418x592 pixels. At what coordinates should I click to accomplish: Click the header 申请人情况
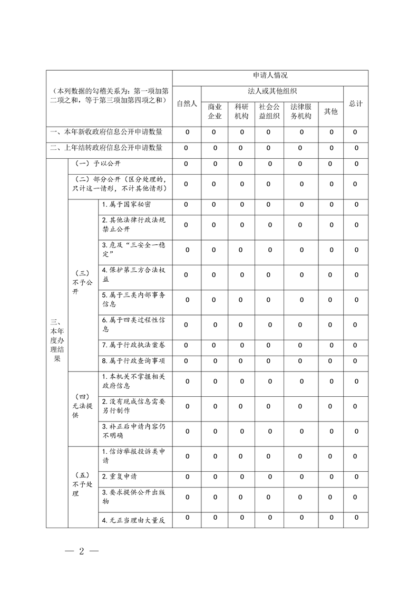(x=270, y=77)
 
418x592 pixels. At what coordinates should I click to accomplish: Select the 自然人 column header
(x=187, y=103)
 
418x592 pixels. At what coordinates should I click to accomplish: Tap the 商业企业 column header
(x=215, y=111)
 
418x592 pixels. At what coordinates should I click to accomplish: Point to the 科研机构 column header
(x=241, y=111)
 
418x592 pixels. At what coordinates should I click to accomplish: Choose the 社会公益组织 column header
(x=269, y=111)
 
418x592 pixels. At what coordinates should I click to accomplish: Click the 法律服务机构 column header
(x=301, y=111)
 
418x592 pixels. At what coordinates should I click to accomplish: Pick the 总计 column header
(x=356, y=103)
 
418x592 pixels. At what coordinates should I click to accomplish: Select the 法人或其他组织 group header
(x=272, y=91)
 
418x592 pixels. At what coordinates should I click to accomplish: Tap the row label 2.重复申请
(x=120, y=476)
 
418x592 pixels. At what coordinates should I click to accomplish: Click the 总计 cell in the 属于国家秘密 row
(x=356, y=204)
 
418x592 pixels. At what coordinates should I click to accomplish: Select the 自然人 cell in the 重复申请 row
(x=187, y=476)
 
